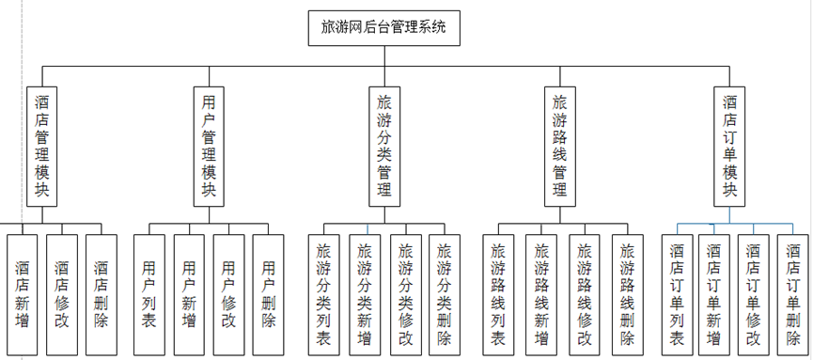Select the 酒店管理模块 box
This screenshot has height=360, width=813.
click(x=42, y=146)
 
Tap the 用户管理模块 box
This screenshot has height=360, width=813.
click(x=209, y=146)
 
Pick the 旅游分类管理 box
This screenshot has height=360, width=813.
click(x=383, y=146)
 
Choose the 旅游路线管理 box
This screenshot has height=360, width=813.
click(x=560, y=146)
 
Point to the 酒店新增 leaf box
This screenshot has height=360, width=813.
click(x=22, y=294)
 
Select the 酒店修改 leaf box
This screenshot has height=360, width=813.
click(x=61, y=294)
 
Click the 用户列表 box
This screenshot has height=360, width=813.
click(x=149, y=294)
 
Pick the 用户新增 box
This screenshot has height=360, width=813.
click(x=189, y=294)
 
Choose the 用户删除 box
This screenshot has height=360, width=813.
click(x=268, y=294)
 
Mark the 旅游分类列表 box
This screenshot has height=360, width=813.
click(x=324, y=294)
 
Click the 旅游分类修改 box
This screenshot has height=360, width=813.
click(x=405, y=294)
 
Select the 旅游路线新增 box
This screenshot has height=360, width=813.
click(x=541, y=294)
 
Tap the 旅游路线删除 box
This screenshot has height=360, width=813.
click(x=627, y=294)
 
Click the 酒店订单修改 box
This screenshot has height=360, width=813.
click(x=754, y=294)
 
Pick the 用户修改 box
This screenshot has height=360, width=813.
click(x=228, y=294)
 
